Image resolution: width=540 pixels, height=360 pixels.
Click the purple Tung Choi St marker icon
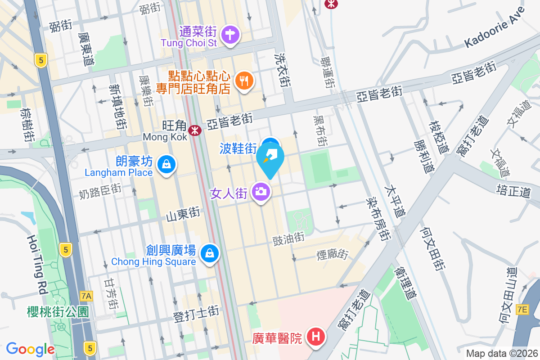click(230, 34)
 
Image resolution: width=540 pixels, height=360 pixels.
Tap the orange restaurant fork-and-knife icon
click(244, 81)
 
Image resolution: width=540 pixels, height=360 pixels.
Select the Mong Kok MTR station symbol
click(195, 130)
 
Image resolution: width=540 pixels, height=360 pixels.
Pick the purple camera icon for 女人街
click(261, 192)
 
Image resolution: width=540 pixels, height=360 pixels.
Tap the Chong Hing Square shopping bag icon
click(210, 253)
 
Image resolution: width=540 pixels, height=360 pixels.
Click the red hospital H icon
click(316, 336)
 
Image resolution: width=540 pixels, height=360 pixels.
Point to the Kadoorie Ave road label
click(495, 27)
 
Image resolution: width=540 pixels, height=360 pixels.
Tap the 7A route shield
click(86, 296)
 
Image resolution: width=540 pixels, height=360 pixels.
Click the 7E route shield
click(522, 309)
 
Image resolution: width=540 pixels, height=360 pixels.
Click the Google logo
click(30, 349)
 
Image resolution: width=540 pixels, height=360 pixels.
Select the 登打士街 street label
click(196, 313)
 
